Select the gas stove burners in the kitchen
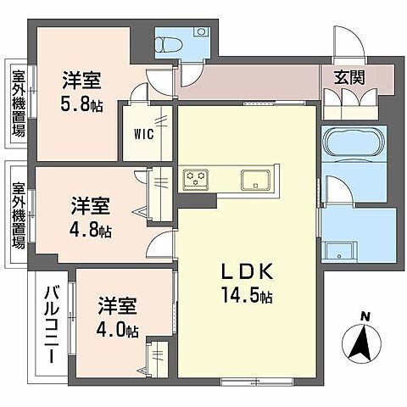197,179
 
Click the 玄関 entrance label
348,75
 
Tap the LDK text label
247,271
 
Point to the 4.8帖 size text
91,229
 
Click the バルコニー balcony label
50,326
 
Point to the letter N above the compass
365,317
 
